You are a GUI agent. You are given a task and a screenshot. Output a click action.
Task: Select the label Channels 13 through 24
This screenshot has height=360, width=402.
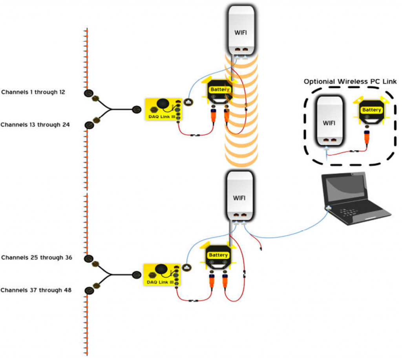[35, 125]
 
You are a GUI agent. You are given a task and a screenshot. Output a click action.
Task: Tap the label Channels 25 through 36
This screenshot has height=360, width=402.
[37, 258]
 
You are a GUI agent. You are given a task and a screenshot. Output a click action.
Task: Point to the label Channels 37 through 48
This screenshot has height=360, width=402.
[36, 290]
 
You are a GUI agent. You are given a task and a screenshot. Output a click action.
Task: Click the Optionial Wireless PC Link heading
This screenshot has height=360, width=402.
[350, 82]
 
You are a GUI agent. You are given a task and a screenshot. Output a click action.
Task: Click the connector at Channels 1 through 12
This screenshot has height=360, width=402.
[89, 93]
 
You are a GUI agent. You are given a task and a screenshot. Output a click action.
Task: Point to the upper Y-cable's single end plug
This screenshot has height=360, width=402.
[137, 109]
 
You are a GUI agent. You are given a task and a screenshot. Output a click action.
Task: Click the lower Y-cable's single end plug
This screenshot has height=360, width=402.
[137, 275]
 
